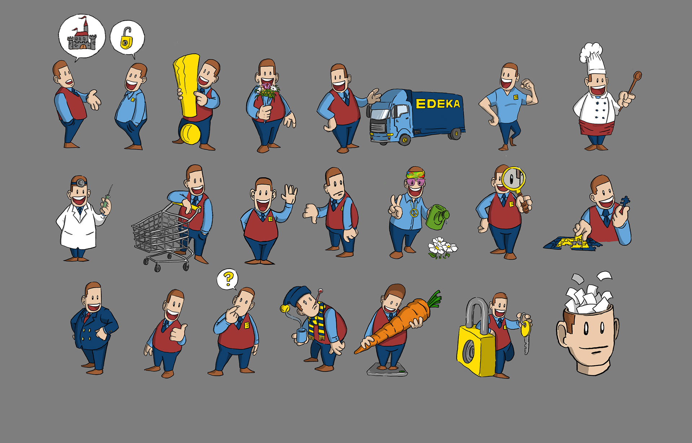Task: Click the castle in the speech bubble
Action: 83,36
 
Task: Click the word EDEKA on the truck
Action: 438,104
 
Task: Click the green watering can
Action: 437,217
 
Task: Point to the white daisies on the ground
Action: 442,247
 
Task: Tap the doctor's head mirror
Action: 80,183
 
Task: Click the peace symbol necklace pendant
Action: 413,214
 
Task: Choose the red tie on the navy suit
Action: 86,317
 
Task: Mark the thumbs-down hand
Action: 310,213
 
